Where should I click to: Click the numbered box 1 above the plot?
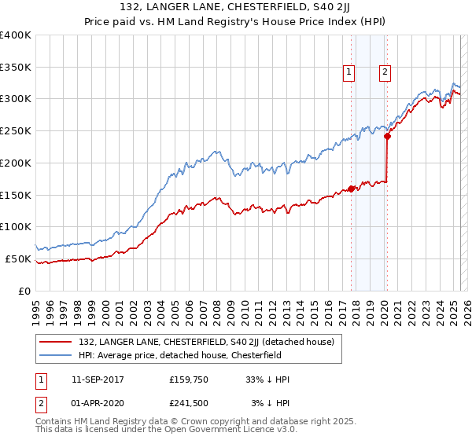348,73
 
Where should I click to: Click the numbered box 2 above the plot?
385,73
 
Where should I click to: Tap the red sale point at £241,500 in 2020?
388,136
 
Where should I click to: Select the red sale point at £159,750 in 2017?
352,189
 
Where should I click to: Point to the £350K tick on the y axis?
16,67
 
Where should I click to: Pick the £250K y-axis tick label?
16,131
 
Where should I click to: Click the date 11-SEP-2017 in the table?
98,379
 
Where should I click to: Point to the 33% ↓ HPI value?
267,379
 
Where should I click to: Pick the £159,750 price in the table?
189,379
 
